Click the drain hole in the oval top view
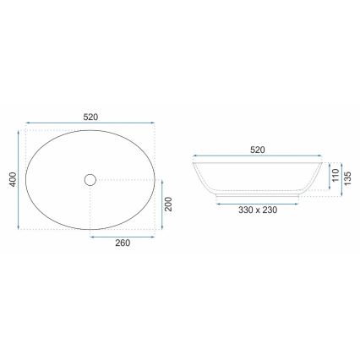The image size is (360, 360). click(91, 179)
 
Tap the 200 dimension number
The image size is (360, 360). click(168, 204)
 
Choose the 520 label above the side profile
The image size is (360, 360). click(258, 150)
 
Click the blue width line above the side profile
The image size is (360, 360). click(258, 158)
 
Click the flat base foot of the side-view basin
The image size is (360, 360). click(258, 199)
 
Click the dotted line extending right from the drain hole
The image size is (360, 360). click(127, 179)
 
